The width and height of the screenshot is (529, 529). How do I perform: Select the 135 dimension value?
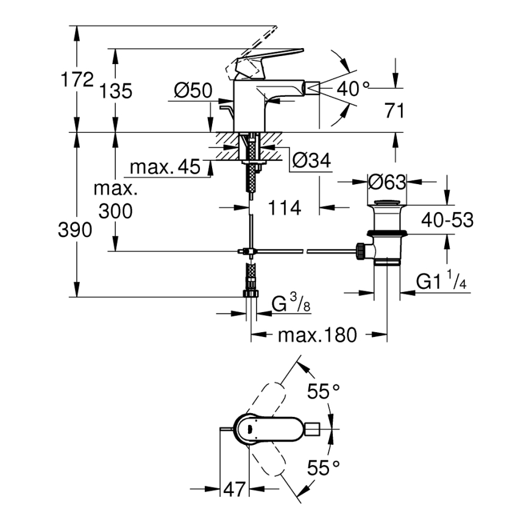(x=116, y=91)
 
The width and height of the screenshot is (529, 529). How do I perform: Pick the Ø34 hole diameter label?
(x=311, y=160)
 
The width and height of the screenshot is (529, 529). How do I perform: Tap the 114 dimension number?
(x=285, y=208)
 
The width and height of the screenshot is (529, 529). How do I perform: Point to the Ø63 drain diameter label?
(x=388, y=182)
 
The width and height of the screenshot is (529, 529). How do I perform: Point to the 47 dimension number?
(x=233, y=489)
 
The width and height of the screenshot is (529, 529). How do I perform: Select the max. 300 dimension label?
(x=116, y=199)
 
